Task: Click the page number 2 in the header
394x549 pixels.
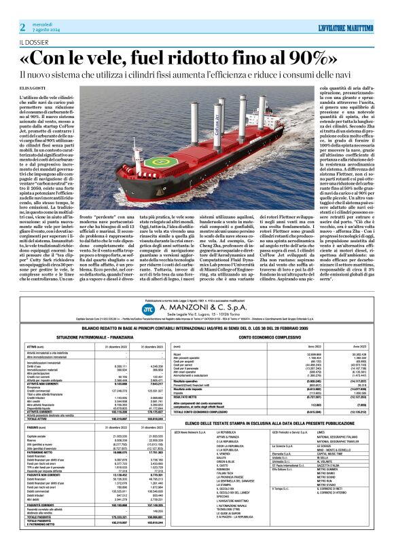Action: [22, 26]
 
